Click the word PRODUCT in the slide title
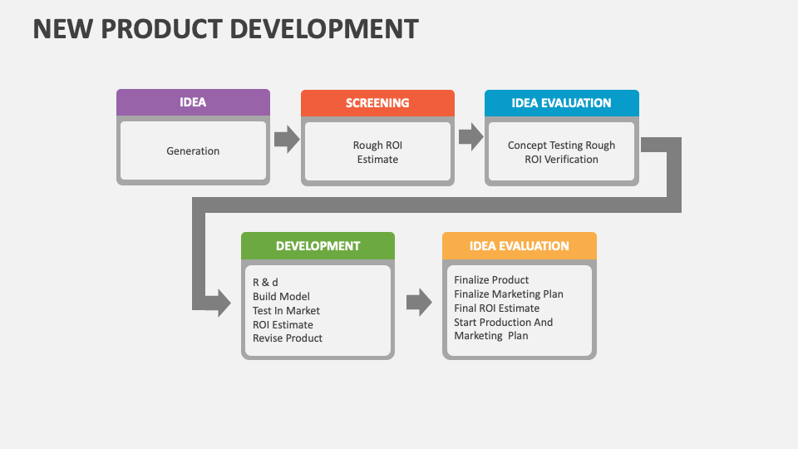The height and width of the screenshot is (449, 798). click(165, 28)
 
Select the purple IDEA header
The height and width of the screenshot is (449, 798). click(193, 102)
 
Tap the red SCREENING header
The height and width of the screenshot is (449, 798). click(377, 103)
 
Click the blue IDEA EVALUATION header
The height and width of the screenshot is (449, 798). click(561, 103)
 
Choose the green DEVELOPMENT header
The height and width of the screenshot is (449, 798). click(318, 245)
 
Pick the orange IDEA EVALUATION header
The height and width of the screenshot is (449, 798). click(519, 245)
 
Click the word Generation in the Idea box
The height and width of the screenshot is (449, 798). click(193, 151)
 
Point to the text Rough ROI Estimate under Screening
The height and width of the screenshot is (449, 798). click(377, 152)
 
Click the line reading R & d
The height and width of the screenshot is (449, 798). click(265, 282)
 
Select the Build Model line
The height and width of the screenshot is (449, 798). click(281, 296)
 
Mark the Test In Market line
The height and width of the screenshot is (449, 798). click(286, 310)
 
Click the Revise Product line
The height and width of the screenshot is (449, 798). click(288, 338)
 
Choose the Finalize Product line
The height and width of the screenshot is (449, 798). click(491, 279)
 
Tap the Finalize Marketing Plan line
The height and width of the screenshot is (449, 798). click(509, 294)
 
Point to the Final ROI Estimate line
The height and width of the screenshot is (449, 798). click(496, 308)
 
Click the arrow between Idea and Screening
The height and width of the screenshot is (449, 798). click(286, 139)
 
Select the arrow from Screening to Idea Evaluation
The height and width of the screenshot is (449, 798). click(470, 137)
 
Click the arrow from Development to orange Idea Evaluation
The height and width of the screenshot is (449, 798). click(419, 303)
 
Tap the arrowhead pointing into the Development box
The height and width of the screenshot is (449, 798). click(223, 303)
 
